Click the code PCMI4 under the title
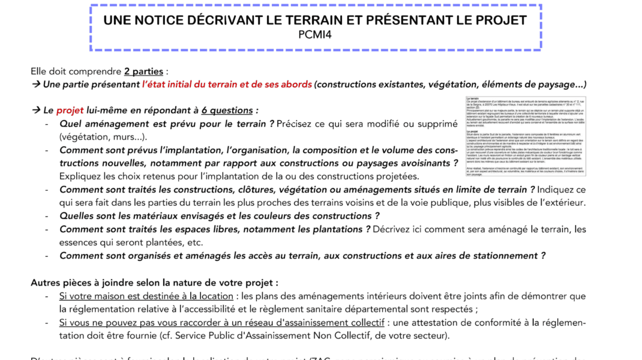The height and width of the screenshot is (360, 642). click(315, 35)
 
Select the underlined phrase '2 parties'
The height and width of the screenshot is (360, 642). click(144, 71)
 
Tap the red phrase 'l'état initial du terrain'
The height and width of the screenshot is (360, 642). click(198, 85)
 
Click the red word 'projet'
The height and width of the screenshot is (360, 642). click(70, 110)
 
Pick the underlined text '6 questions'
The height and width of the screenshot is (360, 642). click(227, 110)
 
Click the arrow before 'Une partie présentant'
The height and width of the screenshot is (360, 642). click(35, 85)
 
